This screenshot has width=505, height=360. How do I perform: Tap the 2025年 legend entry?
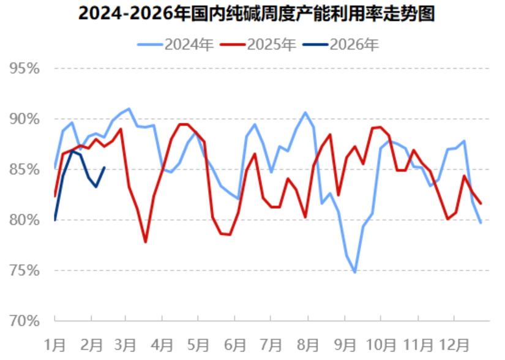point(271,44)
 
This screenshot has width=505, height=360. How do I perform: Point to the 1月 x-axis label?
point(54,344)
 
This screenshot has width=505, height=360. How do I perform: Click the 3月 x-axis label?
point(125,344)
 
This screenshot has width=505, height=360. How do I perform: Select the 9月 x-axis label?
point(345,344)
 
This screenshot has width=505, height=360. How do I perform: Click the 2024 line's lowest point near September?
point(354,272)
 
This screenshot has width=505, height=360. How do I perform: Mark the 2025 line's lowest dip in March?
point(146,242)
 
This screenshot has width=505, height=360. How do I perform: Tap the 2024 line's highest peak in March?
point(129,109)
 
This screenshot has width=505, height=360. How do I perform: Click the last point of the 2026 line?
point(104,168)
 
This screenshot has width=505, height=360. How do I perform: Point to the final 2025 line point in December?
point(481,203)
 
